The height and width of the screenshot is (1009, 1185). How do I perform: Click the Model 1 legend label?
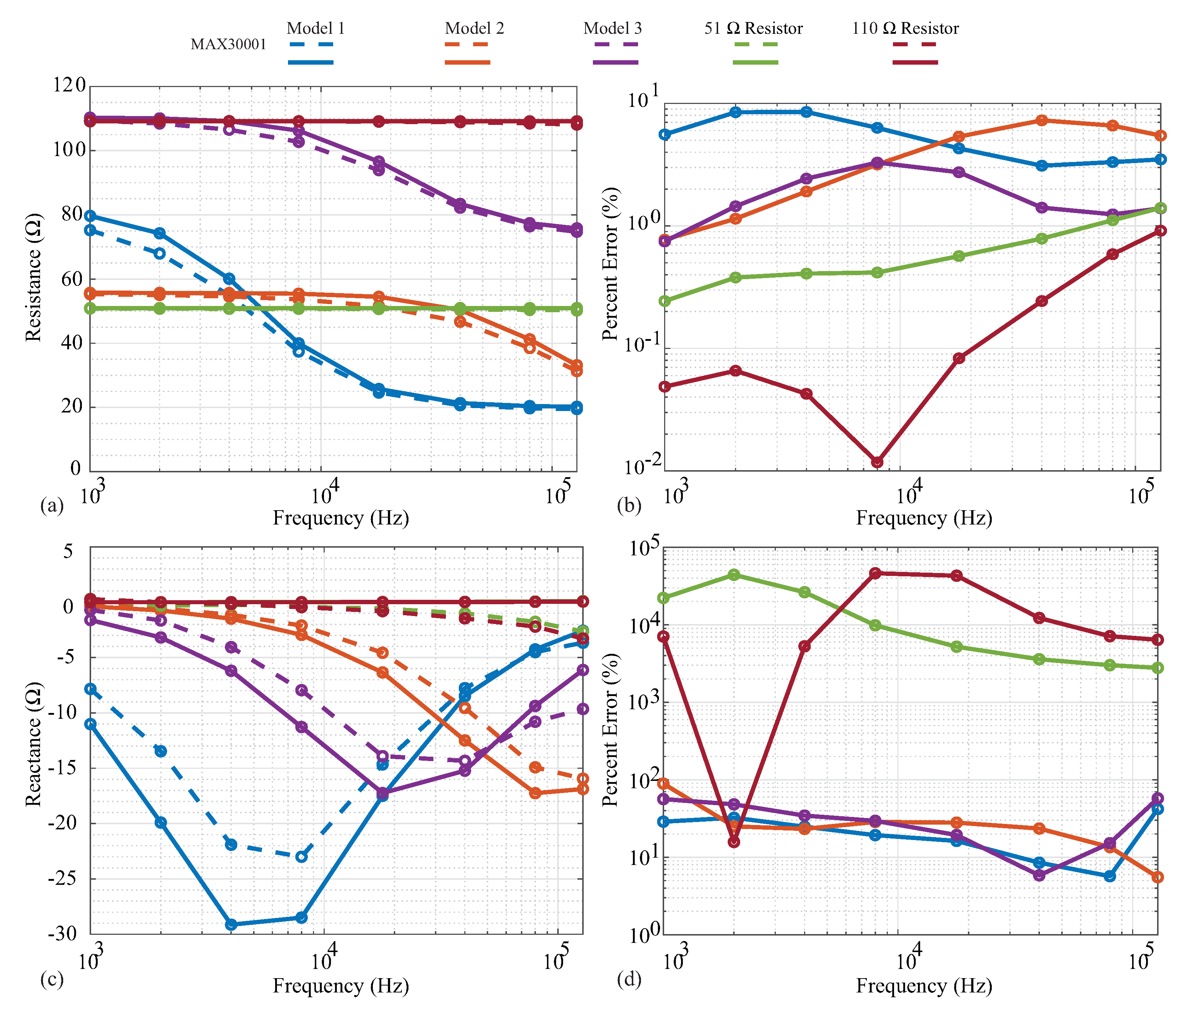tap(315, 28)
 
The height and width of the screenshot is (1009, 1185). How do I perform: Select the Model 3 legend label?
tap(612, 28)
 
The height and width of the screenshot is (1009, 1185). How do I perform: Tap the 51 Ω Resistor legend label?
tap(753, 28)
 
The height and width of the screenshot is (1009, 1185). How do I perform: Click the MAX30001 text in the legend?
tap(228, 44)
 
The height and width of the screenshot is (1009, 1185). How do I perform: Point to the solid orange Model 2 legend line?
tap(467, 62)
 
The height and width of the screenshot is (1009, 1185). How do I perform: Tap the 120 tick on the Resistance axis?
tap(69, 86)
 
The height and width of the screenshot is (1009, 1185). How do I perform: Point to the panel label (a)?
tap(52, 506)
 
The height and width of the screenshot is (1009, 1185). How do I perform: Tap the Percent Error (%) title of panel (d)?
tap(611, 730)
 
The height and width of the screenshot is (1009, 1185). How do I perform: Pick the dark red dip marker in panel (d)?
tap(734, 842)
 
